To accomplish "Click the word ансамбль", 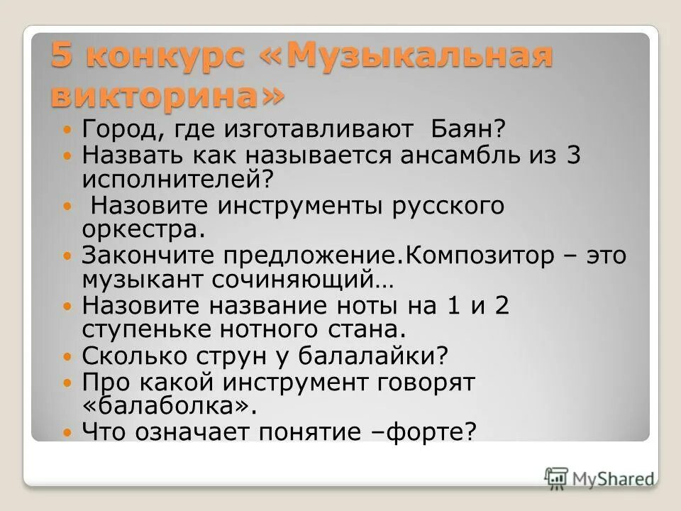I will (440, 155).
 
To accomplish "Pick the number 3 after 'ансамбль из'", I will (573, 155).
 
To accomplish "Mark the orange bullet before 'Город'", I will (68, 130).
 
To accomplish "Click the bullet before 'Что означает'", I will (68, 432).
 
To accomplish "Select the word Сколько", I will (134, 355).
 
